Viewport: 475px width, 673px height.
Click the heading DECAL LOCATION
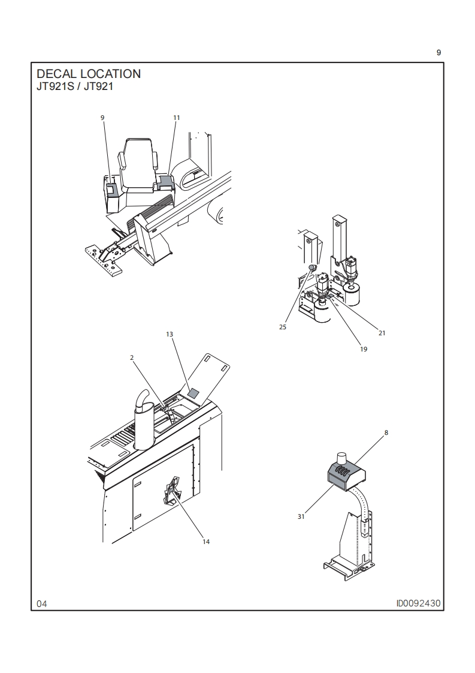89,74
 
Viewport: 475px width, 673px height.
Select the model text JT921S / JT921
75,86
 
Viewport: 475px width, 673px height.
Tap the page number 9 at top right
438,53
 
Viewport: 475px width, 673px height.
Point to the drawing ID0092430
418,603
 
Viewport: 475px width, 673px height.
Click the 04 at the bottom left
41,604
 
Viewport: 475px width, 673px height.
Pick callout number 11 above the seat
177,118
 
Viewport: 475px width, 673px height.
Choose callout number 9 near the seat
102,118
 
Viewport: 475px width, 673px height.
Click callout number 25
283,327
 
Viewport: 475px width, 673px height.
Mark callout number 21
382,333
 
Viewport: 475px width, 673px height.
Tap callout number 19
364,349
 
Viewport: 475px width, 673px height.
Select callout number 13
170,334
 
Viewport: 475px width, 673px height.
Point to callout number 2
132,357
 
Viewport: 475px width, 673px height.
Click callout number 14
206,542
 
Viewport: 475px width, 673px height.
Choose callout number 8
386,432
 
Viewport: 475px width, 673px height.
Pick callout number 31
301,516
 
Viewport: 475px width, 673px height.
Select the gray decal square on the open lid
194,392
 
